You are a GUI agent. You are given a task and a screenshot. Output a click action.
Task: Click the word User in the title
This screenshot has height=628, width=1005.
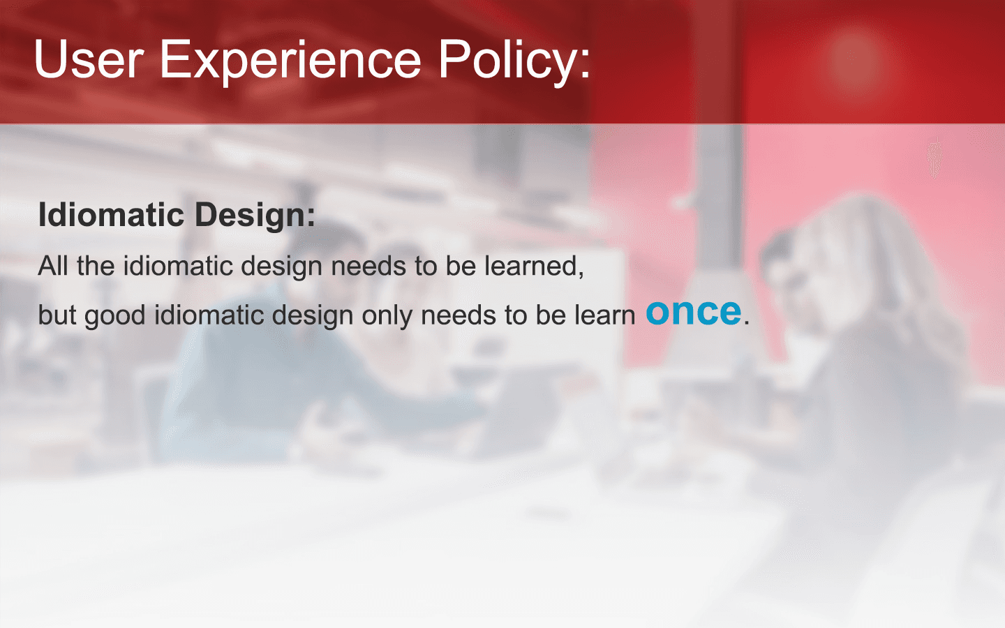(89, 59)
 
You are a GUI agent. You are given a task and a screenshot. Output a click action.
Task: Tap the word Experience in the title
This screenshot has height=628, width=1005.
(291, 62)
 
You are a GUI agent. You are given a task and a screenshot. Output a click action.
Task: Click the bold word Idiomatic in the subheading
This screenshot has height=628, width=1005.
(111, 215)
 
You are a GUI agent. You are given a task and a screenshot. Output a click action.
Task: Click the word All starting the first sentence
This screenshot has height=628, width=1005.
(53, 266)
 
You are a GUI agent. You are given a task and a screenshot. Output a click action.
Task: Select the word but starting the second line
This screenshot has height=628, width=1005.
(57, 315)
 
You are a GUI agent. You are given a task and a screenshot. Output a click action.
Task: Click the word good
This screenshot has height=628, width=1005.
(115, 317)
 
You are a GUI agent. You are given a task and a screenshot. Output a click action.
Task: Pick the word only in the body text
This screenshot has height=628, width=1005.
(387, 317)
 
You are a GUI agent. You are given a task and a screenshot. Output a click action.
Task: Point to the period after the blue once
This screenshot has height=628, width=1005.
(747, 322)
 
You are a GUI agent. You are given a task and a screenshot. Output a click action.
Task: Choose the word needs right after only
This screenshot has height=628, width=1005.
(459, 315)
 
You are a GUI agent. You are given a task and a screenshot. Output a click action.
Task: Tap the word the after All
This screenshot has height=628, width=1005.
(96, 266)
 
